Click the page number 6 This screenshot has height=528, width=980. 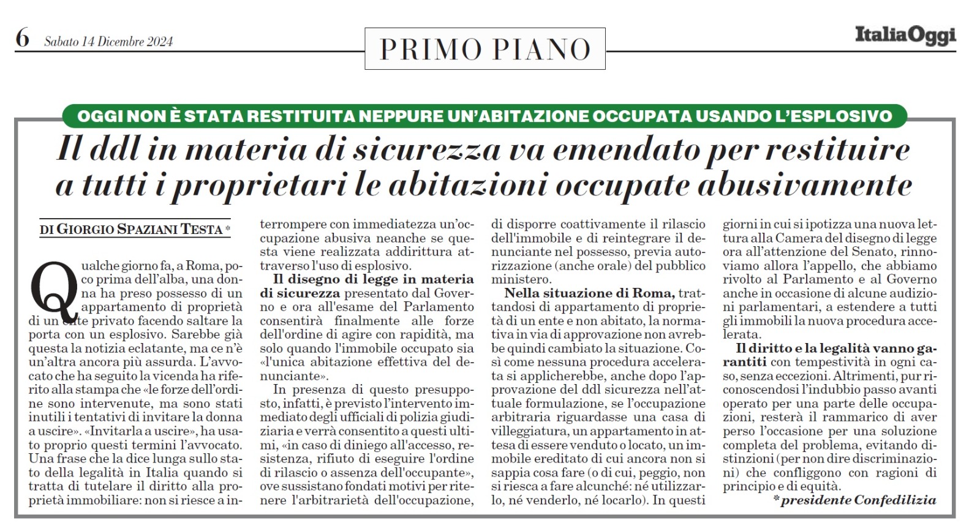pyautogui.click(x=22, y=38)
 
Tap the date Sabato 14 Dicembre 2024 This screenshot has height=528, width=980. pyautogui.click(x=108, y=42)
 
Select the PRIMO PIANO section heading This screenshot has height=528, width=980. pyautogui.click(x=484, y=49)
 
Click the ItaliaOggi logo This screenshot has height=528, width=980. pyautogui.click(x=905, y=36)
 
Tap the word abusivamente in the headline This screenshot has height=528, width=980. pyautogui.click(x=805, y=186)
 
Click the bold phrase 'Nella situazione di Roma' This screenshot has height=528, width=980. pyautogui.click(x=590, y=293)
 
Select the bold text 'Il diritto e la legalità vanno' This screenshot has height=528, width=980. pyautogui.click(x=836, y=349)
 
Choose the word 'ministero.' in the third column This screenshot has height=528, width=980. pyautogui.click(x=521, y=279)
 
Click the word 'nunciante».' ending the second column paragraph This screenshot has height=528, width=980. pyautogui.click(x=291, y=376)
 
